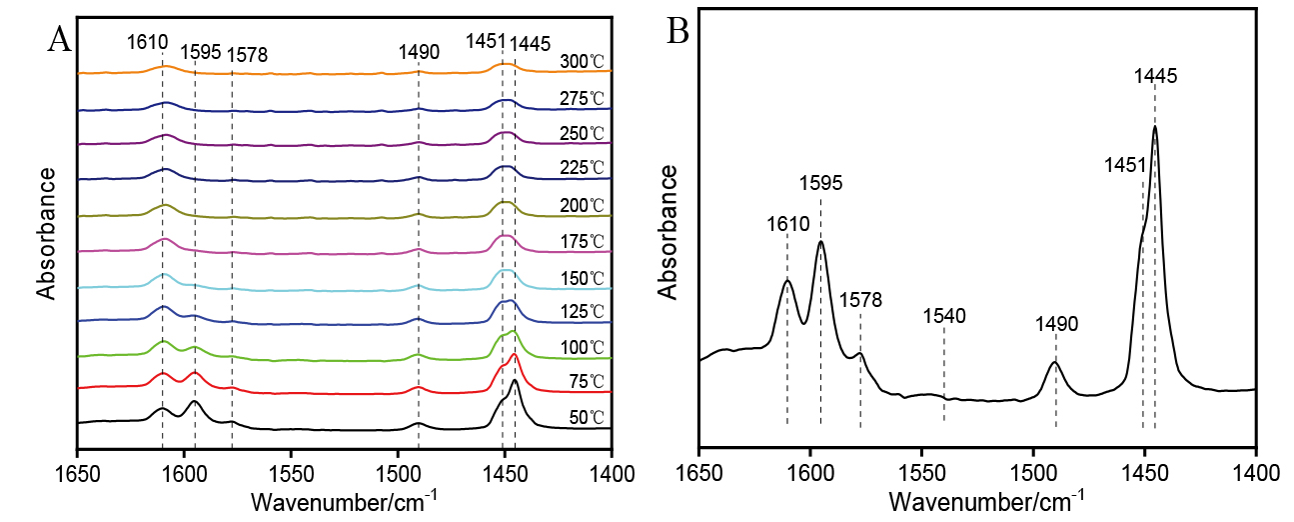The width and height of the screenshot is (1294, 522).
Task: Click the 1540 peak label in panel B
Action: pyautogui.click(x=944, y=317)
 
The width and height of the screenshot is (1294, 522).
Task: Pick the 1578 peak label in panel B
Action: pyautogui.click(x=860, y=300)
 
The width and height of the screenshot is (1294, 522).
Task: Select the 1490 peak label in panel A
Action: pyautogui.click(x=419, y=52)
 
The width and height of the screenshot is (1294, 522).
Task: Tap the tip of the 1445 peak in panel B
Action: pyautogui.click(x=1155, y=126)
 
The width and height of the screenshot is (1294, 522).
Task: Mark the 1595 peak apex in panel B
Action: pyautogui.click(x=821, y=241)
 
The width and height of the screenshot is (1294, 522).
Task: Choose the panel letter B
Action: pyautogui.click(x=678, y=33)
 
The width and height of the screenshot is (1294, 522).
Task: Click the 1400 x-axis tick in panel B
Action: pyautogui.click(x=1255, y=471)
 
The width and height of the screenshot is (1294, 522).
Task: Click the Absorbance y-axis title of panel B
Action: pyautogui.click(x=669, y=232)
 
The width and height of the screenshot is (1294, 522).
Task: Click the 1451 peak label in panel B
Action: pyautogui.click(x=1124, y=165)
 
